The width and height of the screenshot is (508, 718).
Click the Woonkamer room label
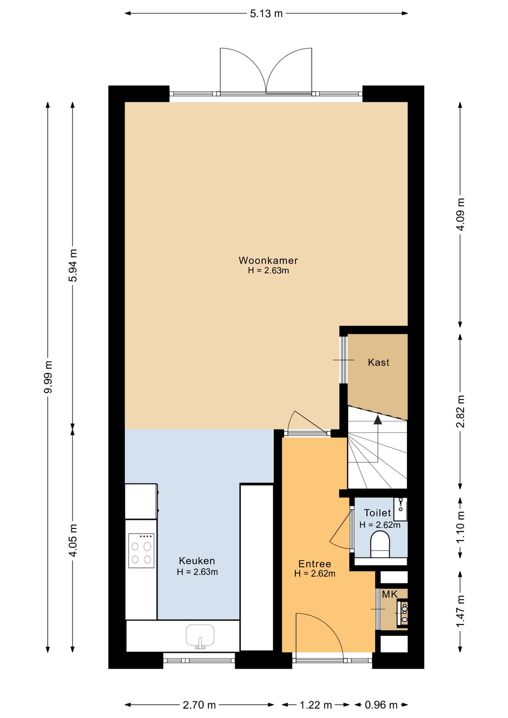pyautogui.click(x=268, y=260)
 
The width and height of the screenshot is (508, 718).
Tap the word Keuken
pyautogui.click(x=197, y=561)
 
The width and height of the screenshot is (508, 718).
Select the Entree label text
pyautogui.click(x=315, y=564)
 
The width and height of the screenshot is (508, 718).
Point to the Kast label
pyautogui.click(x=379, y=362)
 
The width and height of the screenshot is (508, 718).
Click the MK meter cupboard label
pyautogui.click(x=389, y=594)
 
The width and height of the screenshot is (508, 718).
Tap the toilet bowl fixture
pyautogui.click(x=380, y=544)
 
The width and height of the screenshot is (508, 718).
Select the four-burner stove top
pyautogui.click(x=141, y=550)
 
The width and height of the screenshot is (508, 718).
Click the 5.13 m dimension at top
pyautogui.click(x=266, y=14)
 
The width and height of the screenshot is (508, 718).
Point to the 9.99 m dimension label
pyautogui.click(x=48, y=377)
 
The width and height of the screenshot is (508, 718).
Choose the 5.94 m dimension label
pyautogui.click(x=73, y=265)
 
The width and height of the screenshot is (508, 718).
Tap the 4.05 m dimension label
pyautogui.click(x=73, y=540)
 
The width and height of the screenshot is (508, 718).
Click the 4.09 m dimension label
pyautogui.click(x=460, y=214)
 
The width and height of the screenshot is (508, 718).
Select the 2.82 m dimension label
pyautogui.click(x=460, y=411)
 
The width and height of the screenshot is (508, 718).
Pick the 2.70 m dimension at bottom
pyautogui.click(x=199, y=705)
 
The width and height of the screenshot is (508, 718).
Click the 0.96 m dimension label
pyautogui.click(x=381, y=705)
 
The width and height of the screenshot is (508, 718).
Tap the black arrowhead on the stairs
pyautogui.click(x=378, y=420)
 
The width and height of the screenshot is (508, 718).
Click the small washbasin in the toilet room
pyautogui.click(x=401, y=509)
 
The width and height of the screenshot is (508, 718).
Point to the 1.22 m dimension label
pyautogui.click(x=316, y=705)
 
